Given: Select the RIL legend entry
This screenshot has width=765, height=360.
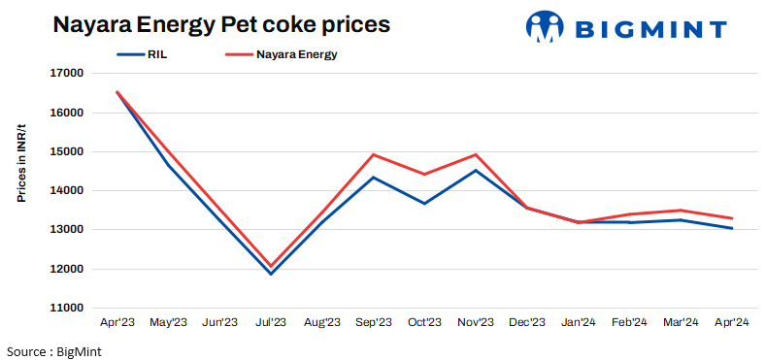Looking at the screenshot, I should tap(154, 55).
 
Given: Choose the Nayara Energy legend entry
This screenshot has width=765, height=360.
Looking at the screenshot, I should tap(296, 55).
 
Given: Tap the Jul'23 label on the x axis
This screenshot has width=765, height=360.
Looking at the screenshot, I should tap(270, 322).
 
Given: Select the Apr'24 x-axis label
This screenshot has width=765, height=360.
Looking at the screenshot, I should tap(732, 322).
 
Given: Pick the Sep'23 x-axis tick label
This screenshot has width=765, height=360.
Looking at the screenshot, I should tap(373, 322).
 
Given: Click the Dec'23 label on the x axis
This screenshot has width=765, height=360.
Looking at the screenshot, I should tap(527, 322).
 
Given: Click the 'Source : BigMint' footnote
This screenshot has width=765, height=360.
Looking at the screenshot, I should tap(54, 350).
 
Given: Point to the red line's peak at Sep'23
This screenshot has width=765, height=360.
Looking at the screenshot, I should tap(373, 154).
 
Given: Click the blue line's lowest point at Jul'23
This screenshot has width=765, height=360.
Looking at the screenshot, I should tap(270, 274).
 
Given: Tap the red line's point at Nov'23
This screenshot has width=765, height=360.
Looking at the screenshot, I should tap(476, 154).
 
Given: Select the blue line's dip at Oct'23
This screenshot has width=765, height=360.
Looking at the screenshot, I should tap(424, 204).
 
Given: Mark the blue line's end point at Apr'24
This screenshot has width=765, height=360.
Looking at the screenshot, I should tap(732, 228).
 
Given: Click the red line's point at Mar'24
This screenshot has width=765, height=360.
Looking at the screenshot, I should tap(681, 211).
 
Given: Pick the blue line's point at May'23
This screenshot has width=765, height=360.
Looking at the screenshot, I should tap(168, 165).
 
